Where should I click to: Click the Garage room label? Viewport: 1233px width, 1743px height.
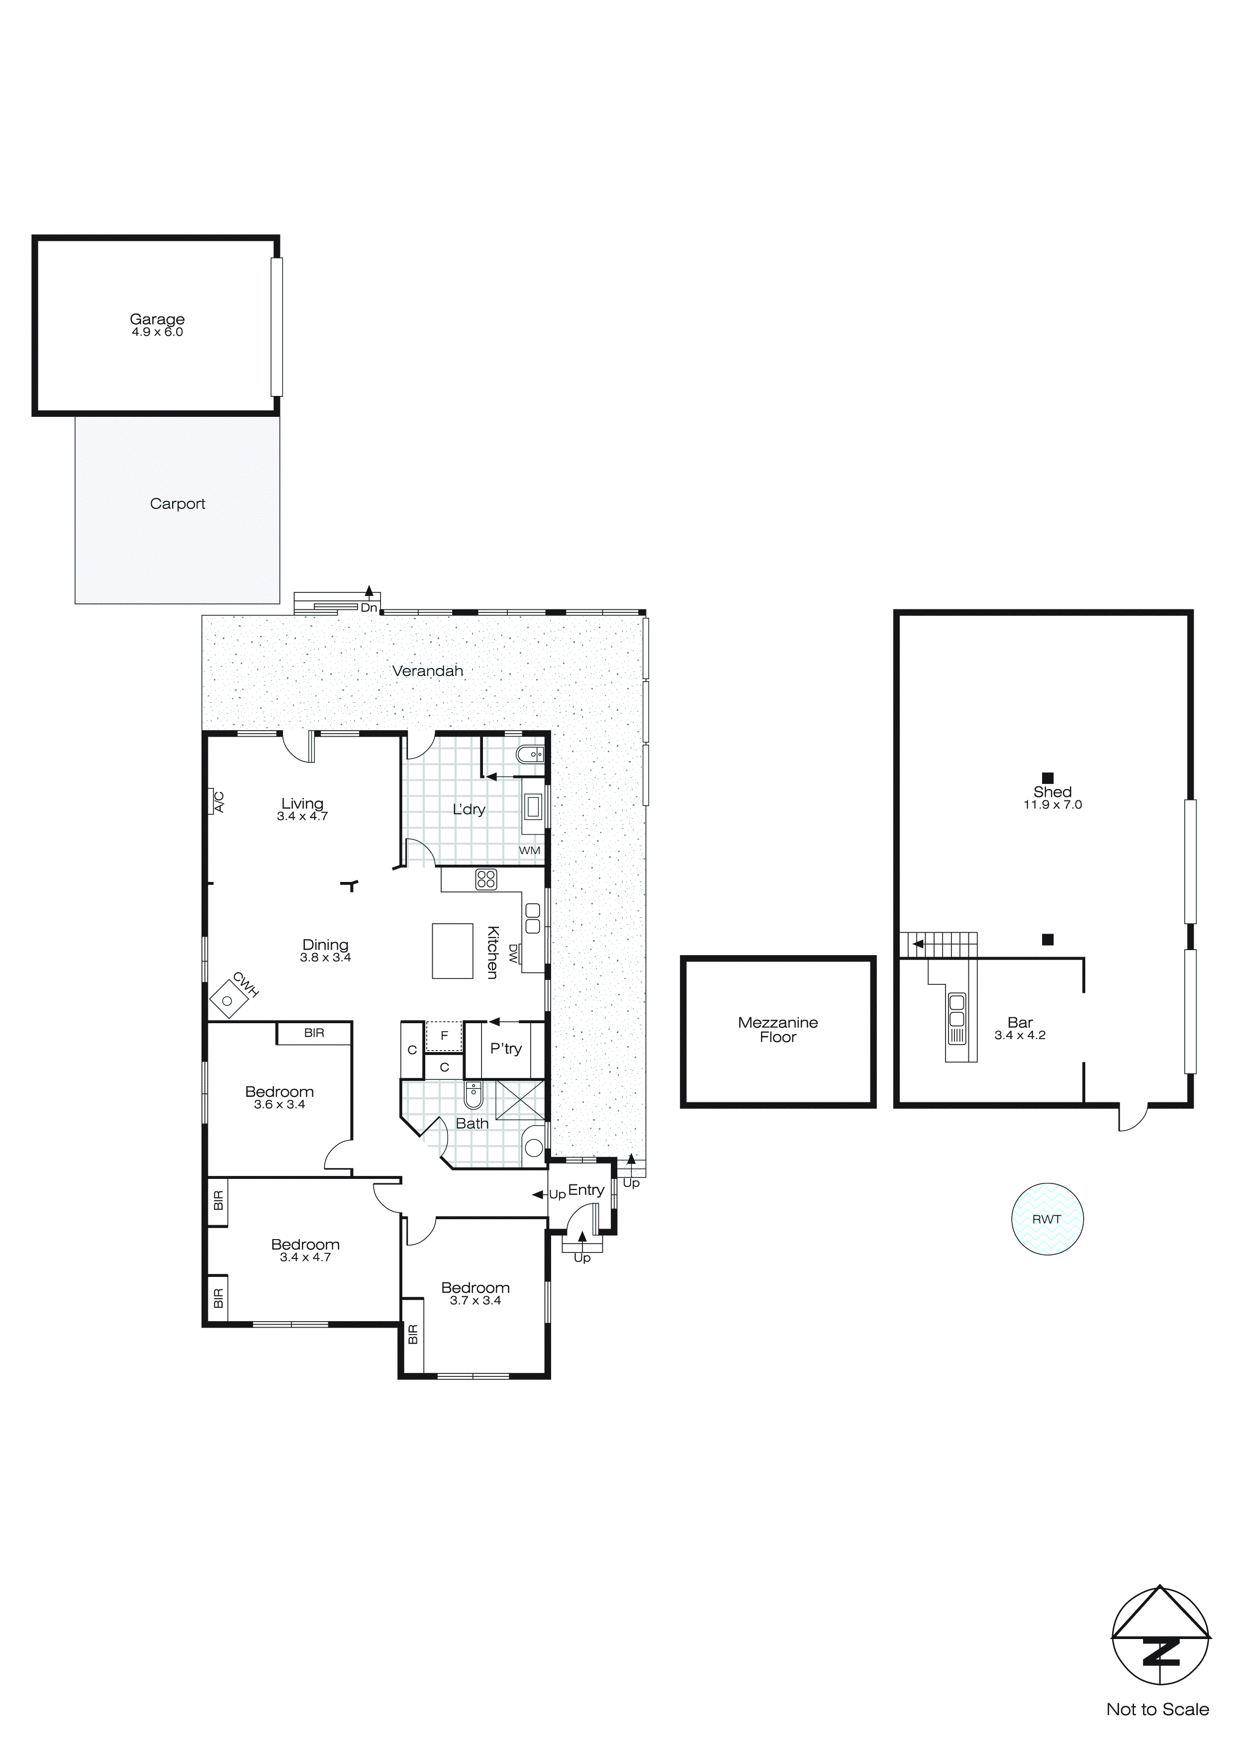tap(157, 319)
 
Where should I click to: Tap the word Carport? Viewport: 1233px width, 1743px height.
tap(178, 504)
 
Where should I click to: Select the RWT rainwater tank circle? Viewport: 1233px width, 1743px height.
tap(1047, 1219)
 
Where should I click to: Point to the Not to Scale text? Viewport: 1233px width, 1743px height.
tap(1157, 1710)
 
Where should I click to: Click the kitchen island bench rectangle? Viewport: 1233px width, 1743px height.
tap(453, 951)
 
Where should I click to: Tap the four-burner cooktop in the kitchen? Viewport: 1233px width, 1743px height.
tap(486, 879)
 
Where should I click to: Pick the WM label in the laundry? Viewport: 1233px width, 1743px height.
tap(529, 850)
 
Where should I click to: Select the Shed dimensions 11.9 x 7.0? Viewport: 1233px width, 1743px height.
tap(1052, 805)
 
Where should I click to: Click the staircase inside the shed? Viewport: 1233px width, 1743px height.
tap(939, 945)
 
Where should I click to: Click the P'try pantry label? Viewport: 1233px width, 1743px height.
tap(506, 1049)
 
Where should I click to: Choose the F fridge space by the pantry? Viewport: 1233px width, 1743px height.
tap(444, 1036)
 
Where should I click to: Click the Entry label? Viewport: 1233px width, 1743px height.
tap(586, 1189)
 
